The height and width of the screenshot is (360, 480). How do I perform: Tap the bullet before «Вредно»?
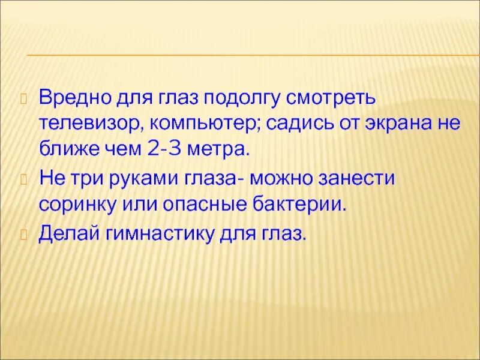pyautogui.click(x=24, y=98)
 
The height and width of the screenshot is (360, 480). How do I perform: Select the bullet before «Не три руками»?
pyautogui.click(x=24, y=178)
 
